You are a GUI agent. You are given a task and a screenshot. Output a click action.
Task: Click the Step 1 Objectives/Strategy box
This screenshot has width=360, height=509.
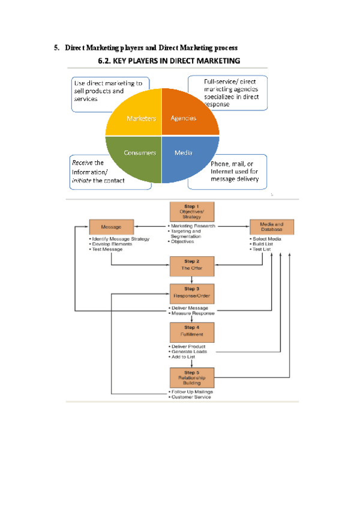[x=191, y=212]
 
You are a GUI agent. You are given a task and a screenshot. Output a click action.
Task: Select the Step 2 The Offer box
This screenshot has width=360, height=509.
[x=191, y=265]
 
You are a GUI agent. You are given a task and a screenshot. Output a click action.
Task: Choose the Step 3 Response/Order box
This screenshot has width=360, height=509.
[x=191, y=293]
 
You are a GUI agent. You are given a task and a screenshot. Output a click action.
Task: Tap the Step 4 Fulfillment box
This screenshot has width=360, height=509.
[x=191, y=331]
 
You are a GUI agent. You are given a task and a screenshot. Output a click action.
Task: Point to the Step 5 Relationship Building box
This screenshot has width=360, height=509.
[x=191, y=377]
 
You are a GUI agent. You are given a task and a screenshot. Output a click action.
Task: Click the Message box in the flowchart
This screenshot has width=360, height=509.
[x=111, y=227]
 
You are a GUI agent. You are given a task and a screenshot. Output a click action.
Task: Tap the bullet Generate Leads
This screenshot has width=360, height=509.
[x=190, y=352]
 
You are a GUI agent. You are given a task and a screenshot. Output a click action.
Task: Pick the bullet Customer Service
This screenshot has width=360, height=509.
[x=192, y=397]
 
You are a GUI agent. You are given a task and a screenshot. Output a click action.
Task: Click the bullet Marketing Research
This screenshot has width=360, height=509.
[x=192, y=226]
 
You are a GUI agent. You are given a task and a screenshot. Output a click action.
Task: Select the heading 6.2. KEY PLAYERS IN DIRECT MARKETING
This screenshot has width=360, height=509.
[x=169, y=61]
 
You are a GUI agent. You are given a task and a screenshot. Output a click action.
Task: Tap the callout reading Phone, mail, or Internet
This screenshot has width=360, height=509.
[x=234, y=171]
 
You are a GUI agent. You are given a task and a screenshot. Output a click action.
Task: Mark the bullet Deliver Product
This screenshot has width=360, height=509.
[x=190, y=346]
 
